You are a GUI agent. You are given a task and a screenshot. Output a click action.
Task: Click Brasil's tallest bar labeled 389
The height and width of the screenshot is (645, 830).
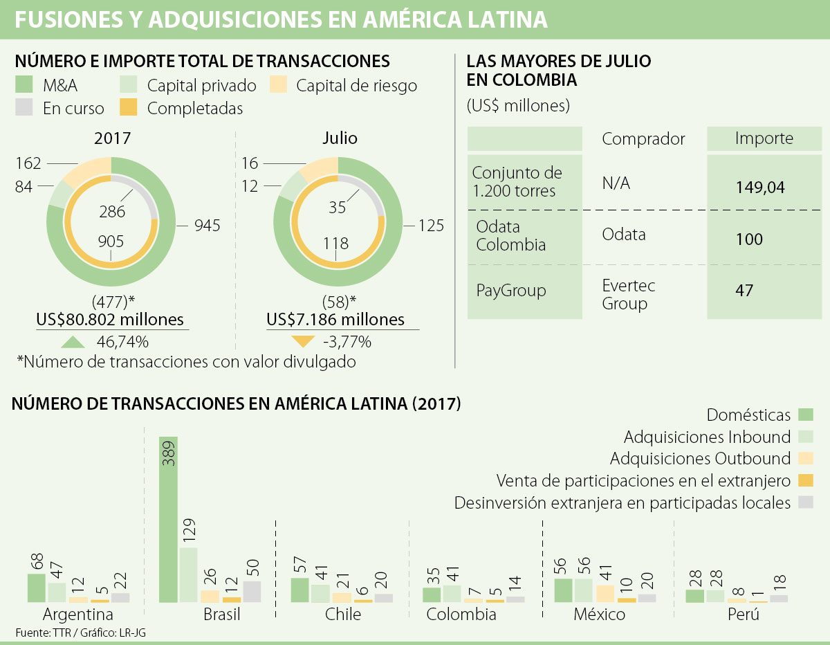(x=169, y=519)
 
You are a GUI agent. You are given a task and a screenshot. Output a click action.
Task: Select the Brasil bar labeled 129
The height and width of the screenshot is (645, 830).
(x=188, y=574)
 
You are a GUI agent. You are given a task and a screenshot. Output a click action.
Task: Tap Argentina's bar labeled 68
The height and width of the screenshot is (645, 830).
(x=37, y=588)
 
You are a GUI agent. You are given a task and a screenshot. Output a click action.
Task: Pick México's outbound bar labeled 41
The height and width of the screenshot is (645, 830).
(x=605, y=593)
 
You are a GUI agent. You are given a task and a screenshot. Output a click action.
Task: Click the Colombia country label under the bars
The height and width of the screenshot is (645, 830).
(x=461, y=614)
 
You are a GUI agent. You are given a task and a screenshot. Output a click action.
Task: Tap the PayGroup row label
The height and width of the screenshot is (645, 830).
(x=510, y=291)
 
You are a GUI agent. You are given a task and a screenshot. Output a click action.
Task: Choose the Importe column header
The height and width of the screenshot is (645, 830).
(x=764, y=138)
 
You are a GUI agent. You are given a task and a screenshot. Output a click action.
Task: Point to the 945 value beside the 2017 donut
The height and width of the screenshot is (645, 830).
(x=207, y=226)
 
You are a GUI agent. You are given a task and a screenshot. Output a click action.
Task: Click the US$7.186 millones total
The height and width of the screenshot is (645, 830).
(x=335, y=320)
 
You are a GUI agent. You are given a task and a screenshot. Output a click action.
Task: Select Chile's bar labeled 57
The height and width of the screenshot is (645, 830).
(x=299, y=590)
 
